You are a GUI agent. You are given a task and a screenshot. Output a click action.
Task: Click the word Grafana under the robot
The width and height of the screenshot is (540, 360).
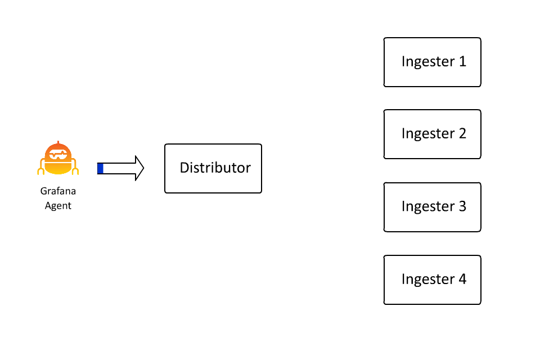click(x=58, y=191)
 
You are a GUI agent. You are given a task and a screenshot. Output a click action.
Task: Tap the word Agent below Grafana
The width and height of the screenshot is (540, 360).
click(x=58, y=205)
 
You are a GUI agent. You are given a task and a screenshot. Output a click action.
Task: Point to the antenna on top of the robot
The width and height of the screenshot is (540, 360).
click(x=58, y=142)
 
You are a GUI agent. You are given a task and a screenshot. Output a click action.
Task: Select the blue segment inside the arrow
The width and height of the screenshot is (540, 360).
click(x=100, y=168)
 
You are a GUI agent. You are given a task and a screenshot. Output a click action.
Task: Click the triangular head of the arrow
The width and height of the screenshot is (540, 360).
click(x=138, y=168)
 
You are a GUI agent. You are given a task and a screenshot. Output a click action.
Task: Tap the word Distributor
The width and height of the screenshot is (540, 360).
click(x=215, y=168)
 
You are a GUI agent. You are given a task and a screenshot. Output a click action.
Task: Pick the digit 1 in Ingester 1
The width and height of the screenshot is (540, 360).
click(x=462, y=61)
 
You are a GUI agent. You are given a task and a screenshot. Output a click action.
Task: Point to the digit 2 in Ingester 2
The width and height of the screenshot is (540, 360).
click(x=462, y=133)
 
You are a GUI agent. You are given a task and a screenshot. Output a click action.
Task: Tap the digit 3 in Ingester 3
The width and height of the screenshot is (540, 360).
click(x=462, y=206)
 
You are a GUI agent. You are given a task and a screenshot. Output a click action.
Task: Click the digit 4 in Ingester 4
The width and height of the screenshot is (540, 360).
click(x=462, y=278)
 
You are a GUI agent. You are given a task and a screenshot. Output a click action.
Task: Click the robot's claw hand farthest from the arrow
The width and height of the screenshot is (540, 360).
click(x=40, y=170)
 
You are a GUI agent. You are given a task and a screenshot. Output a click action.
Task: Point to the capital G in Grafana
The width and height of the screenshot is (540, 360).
click(x=43, y=191)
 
